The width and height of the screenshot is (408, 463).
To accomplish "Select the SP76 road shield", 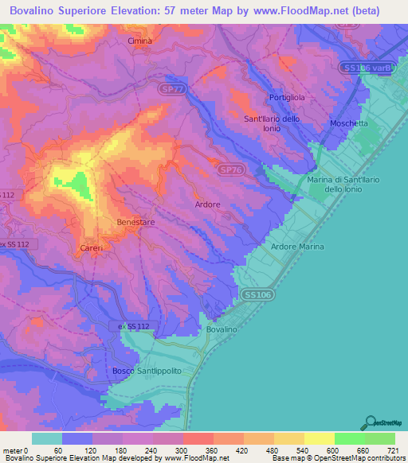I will click(x=230, y=169).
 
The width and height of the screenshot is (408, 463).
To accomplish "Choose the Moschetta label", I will click(x=349, y=123).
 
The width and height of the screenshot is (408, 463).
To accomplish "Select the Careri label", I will click(x=89, y=249).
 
